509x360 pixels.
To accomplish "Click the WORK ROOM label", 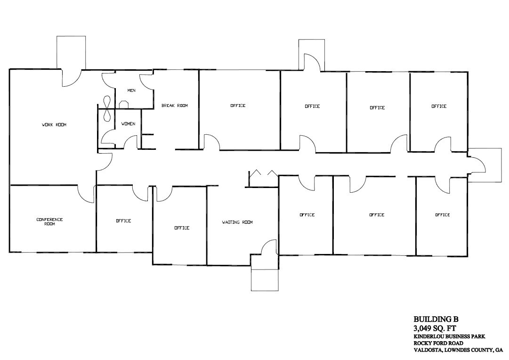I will click(x=54, y=125).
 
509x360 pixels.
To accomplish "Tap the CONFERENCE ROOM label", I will click(x=49, y=221).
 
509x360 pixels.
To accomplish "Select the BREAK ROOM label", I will click(x=175, y=106).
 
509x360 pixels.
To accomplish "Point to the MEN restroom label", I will click(x=131, y=90).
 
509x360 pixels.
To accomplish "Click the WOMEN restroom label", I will click(x=128, y=124).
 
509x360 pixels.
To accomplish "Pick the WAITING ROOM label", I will click(x=237, y=222).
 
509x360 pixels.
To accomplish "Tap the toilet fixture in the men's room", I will click(x=124, y=105).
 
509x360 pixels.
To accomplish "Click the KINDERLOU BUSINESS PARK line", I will click(x=449, y=336).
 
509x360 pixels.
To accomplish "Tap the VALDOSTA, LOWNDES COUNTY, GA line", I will click(x=458, y=350).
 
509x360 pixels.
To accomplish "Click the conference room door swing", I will click(x=86, y=194).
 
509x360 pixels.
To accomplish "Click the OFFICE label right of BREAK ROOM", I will click(x=238, y=106).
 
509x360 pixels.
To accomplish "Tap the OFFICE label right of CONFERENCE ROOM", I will click(x=123, y=221).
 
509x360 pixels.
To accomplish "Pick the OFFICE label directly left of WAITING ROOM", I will click(x=182, y=228).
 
